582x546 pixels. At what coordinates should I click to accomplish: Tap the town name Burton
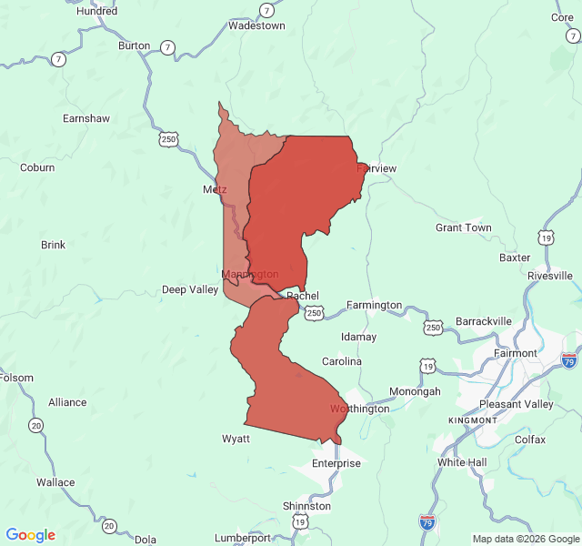pyautogui.click(x=134, y=45)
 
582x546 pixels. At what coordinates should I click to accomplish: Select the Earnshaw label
pyautogui.click(x=85, y=118)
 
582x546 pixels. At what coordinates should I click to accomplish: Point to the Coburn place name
pyautogui.click(x=37, y=167)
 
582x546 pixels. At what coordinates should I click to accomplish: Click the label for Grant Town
pyautogui.click(x=463, y=227)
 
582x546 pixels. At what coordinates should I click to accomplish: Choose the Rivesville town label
pyautogui.click(x=549, y=275)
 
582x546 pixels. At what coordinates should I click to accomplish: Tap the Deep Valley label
pyautogui.click(x=190, y=289)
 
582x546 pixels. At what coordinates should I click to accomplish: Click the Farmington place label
pyautogui.click(x=374, y=305)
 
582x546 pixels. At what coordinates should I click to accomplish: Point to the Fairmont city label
pyautogui.click(x=515, y=353)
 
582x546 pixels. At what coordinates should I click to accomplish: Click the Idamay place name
pyautogui.click(x=358, y=337)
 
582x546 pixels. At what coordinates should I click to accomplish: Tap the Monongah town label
pyautogui.click(x=415, y=391)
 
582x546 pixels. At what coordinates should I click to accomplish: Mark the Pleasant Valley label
pyautogui.click(x=516, y=404)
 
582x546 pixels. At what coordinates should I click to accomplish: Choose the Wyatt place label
pyautogui.click(x=236, y=439)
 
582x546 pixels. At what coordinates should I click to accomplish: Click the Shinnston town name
pyautogui.click(x=306, y=506)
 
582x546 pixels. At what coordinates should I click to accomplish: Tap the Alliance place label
pyautogui.click(x=67, y=402)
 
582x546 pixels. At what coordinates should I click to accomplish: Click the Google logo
pyautogui.click(x=30, y=535)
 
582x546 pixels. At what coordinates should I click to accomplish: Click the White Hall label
pyautogui.click(x=462, y=462)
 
